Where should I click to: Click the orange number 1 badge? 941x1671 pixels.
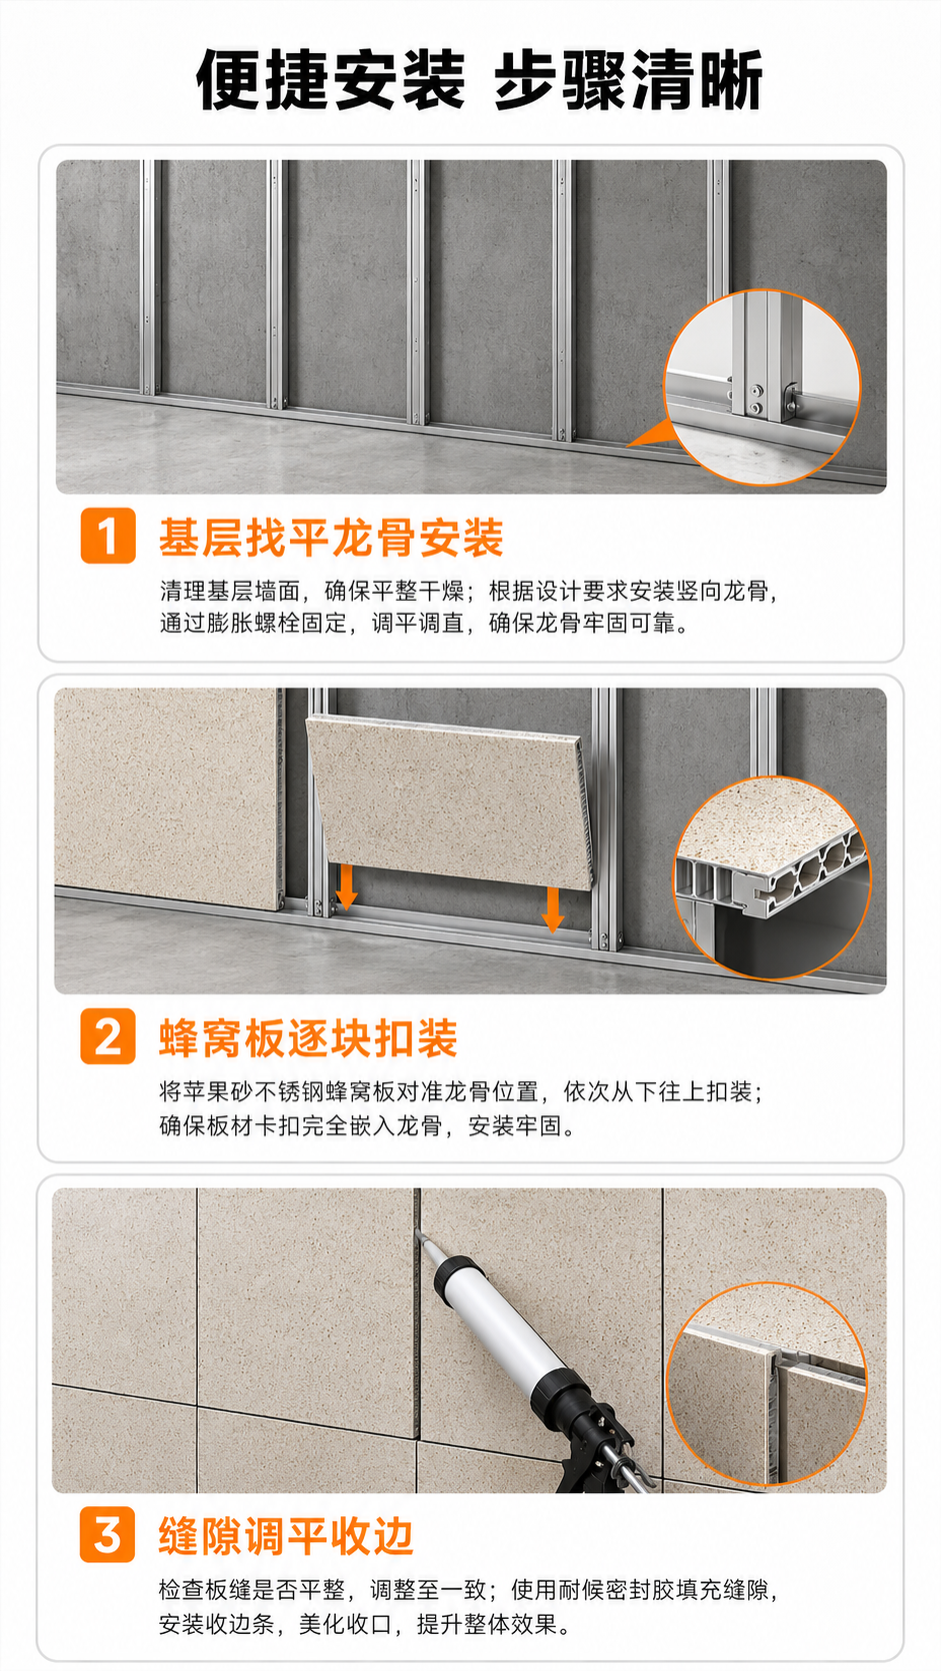point(108,536)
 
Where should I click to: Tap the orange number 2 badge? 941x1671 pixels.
point(108,1036)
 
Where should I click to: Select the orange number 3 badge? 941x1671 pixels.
point(108,1534)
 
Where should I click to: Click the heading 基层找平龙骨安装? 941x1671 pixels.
point(331,537)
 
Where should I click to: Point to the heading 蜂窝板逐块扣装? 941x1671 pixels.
point(308,1037)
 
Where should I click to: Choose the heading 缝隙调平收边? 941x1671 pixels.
point(286,1536)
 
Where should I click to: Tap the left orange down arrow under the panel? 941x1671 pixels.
point(346,887)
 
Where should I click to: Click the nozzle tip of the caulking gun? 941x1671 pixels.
point(418,1231)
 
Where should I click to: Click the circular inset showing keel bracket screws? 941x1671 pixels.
point(762,387)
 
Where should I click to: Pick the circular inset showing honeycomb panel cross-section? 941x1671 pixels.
point(772,877)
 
